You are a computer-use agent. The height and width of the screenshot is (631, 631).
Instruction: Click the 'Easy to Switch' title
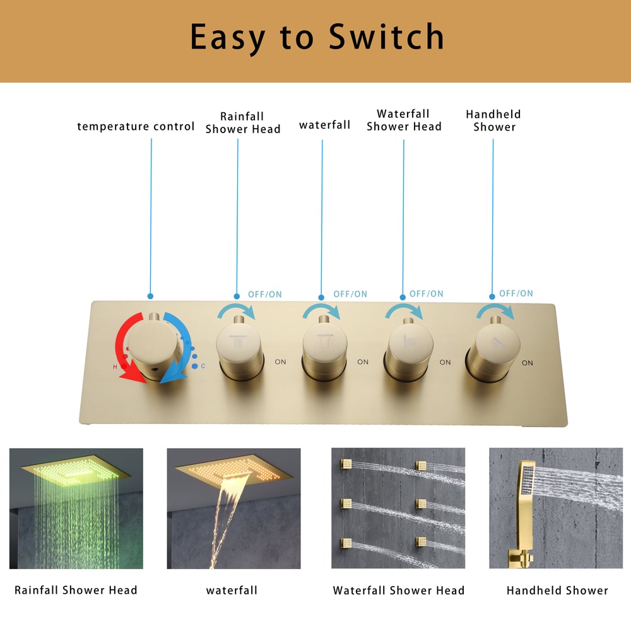pyautogui.click(x=317, y=38)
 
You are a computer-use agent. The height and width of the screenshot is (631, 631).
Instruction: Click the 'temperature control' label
pyautogui.click(x=136, y=126)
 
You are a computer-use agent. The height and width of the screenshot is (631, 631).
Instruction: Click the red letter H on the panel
pyautogui.click(x=115, y=367)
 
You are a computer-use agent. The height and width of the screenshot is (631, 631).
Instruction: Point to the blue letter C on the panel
pyautogui.click(x=203, y=366)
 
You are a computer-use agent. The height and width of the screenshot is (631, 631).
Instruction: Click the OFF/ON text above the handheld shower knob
pyautogui.click(x=516, y=293)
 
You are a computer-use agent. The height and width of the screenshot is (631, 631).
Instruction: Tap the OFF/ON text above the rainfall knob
pyautogui.click(x=265, y=294)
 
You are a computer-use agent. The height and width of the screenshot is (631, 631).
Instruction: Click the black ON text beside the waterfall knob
pyautogui.click(x=363, y=362)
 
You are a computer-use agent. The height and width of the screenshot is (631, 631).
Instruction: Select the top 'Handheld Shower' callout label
pyautogui.click(x=494, y=121)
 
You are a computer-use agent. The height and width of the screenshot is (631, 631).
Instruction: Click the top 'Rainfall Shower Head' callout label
pyautogui.click(x=242, y=122)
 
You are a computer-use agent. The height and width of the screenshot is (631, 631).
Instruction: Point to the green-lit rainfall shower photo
pyautogui.click(x=76, y=508)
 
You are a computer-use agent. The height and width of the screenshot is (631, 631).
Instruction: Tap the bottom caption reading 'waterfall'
pyautogui.click(x=232, y=591)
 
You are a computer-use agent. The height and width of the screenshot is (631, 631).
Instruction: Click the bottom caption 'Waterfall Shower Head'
pyautogui.click(x=398, y=591)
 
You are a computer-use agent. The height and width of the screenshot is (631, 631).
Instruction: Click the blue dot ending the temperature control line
pyautogui.click(x=150, y=295)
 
